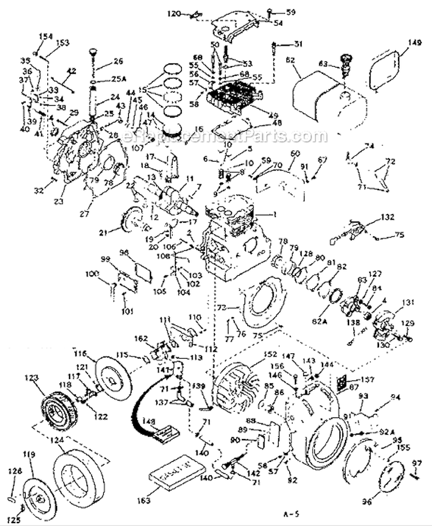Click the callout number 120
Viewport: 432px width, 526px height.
pyautogui.click(x=173, y=13)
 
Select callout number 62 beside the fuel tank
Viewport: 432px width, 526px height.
pyautogui.click(x=289, y=59)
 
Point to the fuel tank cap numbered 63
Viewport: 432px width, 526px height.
pyautogui.click(x=347, y=64)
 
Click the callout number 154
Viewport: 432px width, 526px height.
pyautogui.click(x=41, y=36)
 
